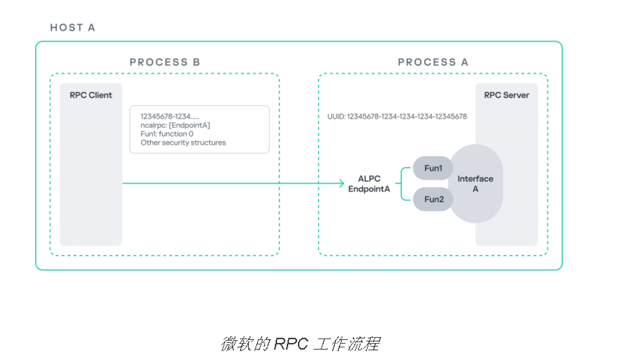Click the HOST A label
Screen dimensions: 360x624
[x=73, y=28]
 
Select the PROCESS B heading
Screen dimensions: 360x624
[x=165, y=62]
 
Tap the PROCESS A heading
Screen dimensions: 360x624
[x=433, y=62]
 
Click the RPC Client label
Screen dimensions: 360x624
[x=91, y=96]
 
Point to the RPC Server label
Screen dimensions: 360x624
[x=507, y=96]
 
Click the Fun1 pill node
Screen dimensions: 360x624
[x=433, y=169]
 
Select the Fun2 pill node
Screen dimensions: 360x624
[x=433, y=199]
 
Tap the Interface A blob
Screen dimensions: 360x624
[x=475, y=184]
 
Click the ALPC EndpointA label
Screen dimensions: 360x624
[x=370, y=184]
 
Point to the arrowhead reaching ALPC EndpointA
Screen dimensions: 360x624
[x=340, y=183]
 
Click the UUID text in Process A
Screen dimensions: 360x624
[x=397, y=117]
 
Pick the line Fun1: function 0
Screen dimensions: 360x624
[x=167, y=134]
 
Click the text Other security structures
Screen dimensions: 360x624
[x=183, y=143]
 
